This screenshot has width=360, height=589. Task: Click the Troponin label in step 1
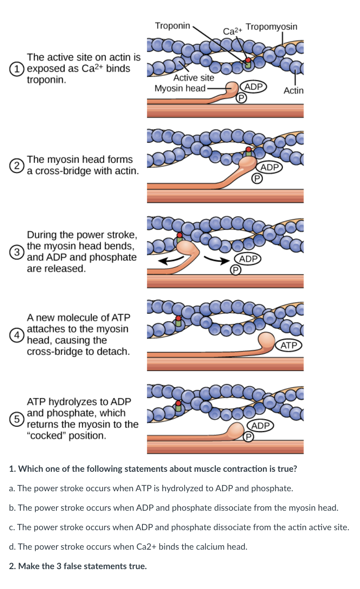coord(172,26)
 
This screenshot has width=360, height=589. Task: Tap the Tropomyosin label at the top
coord(272,27)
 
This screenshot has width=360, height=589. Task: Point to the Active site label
coord(194,77)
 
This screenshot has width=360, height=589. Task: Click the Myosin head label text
coord(180,88)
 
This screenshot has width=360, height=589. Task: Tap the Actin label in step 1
coord(293,90)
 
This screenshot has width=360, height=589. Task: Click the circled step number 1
coord(15,69)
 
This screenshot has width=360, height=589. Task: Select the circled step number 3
coord(15,252)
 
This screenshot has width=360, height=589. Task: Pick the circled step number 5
coord(15,419)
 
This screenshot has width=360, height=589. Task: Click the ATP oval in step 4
coord(289,346)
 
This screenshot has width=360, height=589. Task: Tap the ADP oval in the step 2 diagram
coord(269,167)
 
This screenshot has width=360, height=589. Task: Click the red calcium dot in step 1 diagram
coord(248,60)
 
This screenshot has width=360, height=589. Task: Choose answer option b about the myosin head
coord(173,508)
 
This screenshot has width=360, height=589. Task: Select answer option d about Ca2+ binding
coord(128,547)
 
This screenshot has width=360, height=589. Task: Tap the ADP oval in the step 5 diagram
coord(260,426)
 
